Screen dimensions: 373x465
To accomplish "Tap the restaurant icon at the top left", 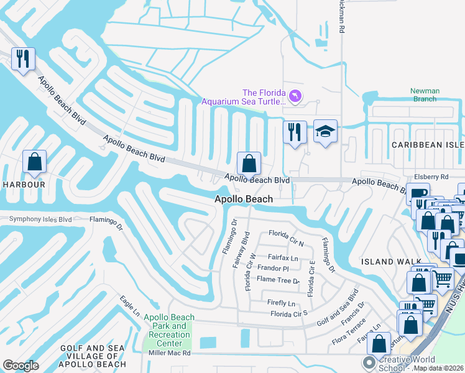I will pyautogui.click(x=23, y=59).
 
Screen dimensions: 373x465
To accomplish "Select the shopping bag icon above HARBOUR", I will pyautogui.click(x=35, y=162).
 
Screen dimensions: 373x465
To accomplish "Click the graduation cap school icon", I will pyautogui.click(x=325, y=131).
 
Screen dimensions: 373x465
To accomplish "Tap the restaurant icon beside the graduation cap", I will pyautogui.click(x=295, y=132).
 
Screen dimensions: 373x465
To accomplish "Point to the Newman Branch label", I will pyautogui.click(x=425, y=95).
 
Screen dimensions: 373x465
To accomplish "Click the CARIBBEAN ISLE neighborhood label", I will pyautogui.click(x=427, y=145).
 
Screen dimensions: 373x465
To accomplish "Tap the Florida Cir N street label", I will pyautogui.click(x=286, y=234).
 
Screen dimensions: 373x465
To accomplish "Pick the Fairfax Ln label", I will pyautogui.click(x=283, y=257).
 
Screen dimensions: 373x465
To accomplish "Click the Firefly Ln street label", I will pyautogui.click(x=281, y=303).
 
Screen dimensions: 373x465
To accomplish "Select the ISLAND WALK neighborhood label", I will pyautogui.click(x=387, y=262).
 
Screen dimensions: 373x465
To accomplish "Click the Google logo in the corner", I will pyautogui.click(x=21, y=365).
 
